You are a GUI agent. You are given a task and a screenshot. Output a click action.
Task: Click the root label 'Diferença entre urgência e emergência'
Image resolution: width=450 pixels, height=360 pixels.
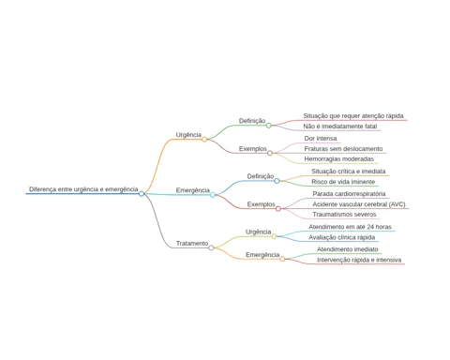pyautogui.click(x=83, y=189)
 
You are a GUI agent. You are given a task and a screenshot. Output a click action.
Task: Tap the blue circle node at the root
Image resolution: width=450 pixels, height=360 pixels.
pyautogui.click(x=142, y=194)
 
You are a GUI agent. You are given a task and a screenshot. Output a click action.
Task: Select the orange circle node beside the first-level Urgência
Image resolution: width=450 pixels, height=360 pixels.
pyautogui.click(x=204, y=140)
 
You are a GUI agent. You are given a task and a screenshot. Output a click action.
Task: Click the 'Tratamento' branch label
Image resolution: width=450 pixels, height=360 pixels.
pyautogui.click(x=192, y=243)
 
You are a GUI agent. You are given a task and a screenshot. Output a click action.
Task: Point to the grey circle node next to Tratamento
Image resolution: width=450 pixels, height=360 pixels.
pyautogui.click(x=211, y=247)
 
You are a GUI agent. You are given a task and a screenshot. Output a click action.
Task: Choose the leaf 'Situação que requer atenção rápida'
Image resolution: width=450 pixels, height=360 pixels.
pyautogui.click(x=353, y=116)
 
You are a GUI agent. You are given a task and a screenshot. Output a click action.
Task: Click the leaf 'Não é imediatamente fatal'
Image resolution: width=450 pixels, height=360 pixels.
pyautogui.click(x=340, y=127)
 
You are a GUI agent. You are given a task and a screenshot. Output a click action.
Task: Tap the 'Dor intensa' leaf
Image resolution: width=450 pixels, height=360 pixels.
pyautogui.click(x=321, y=138)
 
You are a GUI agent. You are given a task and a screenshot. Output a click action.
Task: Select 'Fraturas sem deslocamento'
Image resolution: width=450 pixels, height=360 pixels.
pyautogui.click(x=343, y=149)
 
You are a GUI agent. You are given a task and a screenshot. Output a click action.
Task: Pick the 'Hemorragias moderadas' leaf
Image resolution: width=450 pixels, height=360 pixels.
pyautogui.click(x=338, y=158)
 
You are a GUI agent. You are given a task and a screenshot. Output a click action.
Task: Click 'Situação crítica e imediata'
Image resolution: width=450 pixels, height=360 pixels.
pyautogui.click(x=349, y=172)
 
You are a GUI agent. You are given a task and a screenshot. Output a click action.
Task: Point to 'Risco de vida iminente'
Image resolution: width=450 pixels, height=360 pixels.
pyautogui.click(x=343, y=182)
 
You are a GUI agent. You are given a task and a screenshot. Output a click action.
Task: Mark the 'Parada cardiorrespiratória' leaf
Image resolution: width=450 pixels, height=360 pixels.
pyautogui.click(x=349, y=194)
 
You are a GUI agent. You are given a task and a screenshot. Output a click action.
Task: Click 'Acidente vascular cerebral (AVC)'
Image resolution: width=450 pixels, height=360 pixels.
pyautogui.click(x=359, y=204)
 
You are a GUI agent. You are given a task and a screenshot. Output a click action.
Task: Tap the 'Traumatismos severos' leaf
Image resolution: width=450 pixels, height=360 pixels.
pyautogui.click(x=344, y=215)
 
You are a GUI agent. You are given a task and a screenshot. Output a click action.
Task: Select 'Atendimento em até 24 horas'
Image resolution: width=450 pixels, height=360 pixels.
pyautogui.click(x=350, y=227)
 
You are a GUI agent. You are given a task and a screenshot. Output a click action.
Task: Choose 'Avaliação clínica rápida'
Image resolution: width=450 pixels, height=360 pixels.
pyautogui.click(x=342, y=237)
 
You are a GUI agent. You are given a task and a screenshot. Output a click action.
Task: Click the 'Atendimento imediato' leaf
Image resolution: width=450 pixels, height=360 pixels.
pyautogui.click(x=348, y=249)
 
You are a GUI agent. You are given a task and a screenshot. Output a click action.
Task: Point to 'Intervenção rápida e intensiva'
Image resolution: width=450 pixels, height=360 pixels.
pyautogui.click(x=359, y=260)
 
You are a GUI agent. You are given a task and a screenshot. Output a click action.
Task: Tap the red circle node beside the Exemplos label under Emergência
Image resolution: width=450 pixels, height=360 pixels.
pyautogui.click(x=278, y=209)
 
